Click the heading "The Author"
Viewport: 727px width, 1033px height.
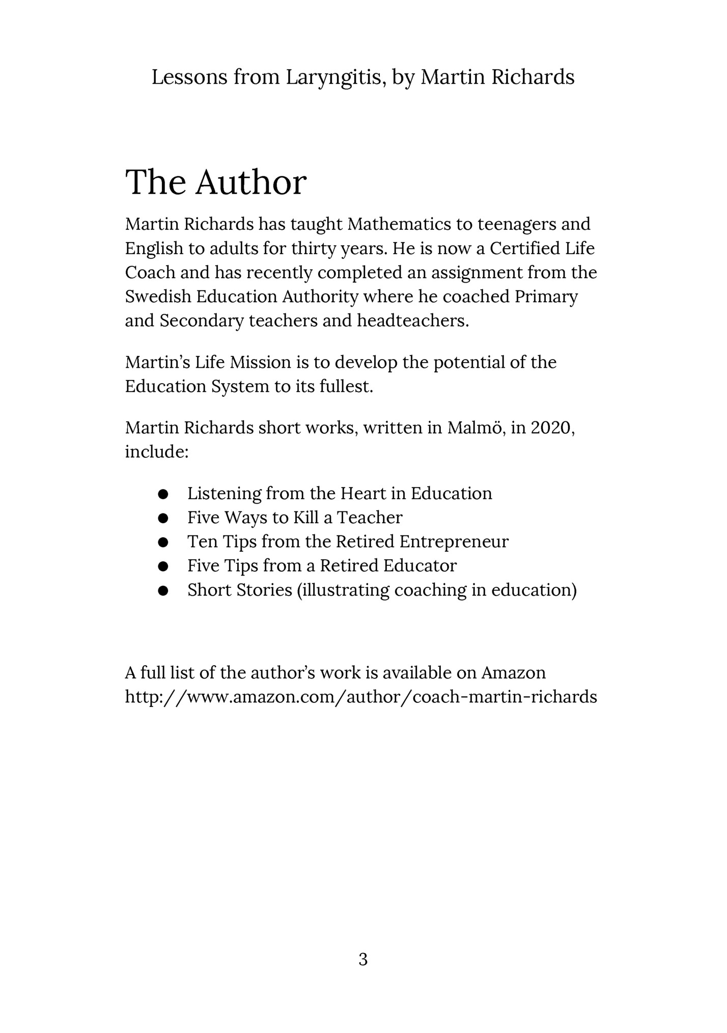pos(216,182)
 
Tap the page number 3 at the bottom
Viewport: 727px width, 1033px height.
pos(363,960)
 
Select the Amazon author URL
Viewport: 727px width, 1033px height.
pos(361,696)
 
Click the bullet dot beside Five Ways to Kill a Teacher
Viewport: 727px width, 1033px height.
pos(163,519)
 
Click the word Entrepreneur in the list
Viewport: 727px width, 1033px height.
pos(454,541)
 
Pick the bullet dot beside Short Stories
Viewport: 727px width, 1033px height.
pos(163,591)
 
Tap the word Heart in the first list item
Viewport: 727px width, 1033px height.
pos(363,494)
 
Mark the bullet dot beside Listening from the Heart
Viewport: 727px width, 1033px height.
pos(163,494)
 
